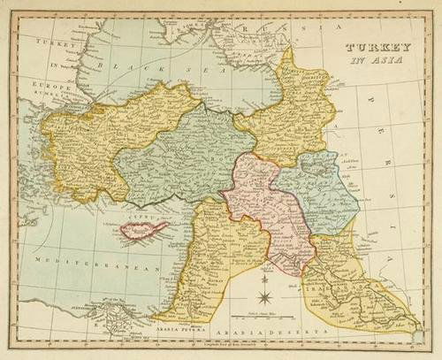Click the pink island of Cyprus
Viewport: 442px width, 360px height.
click(143, 232)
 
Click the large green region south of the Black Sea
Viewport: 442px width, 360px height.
click(177, 155)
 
